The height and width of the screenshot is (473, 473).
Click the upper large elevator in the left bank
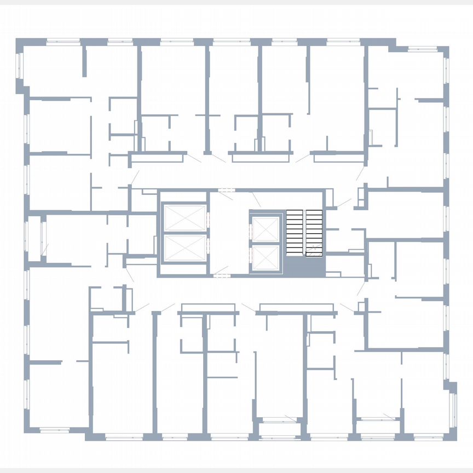tap(184, 218)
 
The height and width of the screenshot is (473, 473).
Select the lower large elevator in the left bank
tap(184, 247)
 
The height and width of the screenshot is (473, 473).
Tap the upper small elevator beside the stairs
tap(266, 230)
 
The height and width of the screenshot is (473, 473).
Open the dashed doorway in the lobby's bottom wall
tap(221, 275)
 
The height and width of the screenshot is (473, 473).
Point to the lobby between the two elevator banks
tap(229, 233)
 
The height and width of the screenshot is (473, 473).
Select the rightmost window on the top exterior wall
tap(423, 49)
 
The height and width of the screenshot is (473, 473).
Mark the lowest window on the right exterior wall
tap(452, 405)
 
